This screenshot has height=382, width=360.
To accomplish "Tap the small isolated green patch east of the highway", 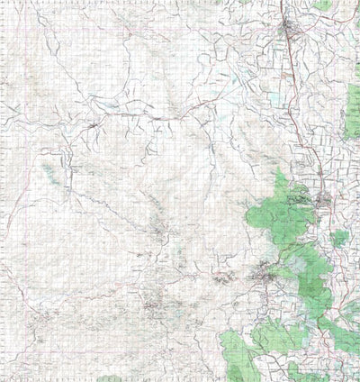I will click(339, 238).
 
